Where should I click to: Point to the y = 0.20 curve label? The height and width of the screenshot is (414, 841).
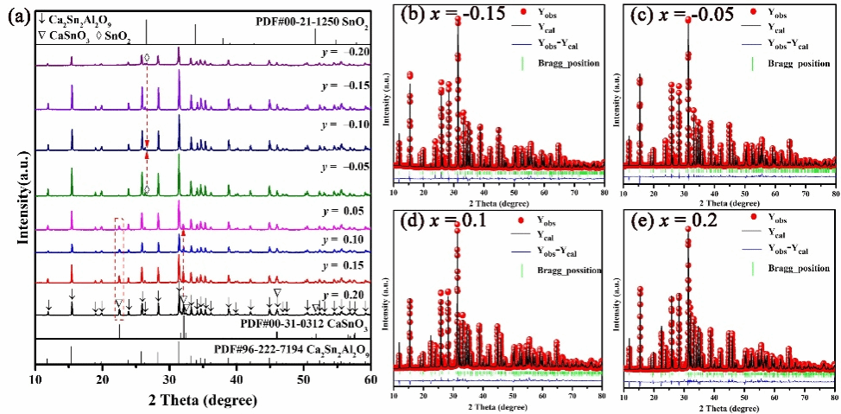[340, 294]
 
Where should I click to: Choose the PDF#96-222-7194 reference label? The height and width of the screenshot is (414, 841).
[290, 350]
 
